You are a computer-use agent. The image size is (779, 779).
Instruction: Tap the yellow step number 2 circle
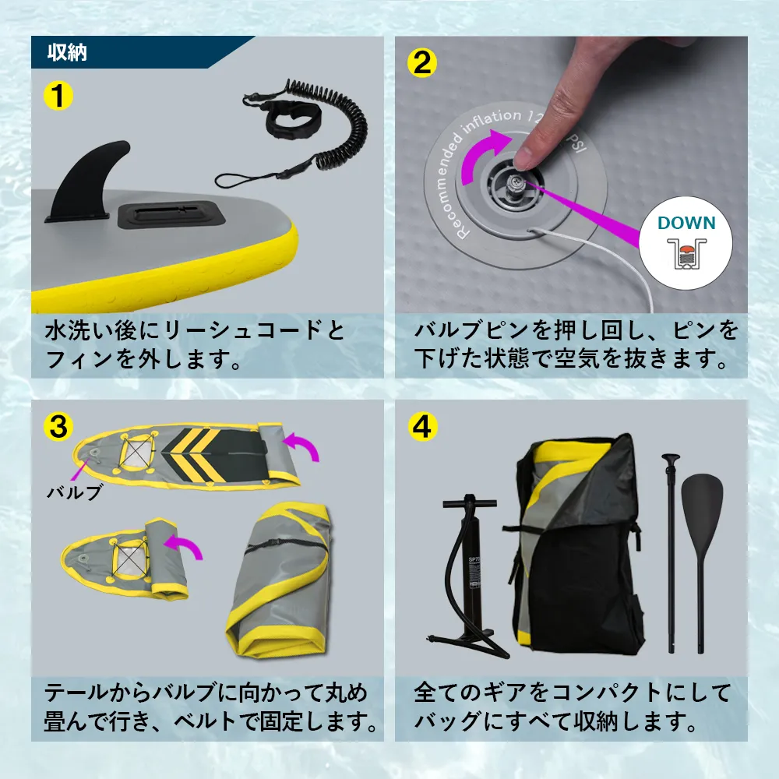[421, 62]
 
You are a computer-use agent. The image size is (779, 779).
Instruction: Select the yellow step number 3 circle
[58, 425]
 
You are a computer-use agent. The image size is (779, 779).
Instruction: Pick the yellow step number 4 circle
[421, 425]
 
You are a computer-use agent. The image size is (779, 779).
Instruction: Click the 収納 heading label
[66, 53]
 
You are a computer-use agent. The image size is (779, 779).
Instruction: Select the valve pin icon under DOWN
[686, 253]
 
